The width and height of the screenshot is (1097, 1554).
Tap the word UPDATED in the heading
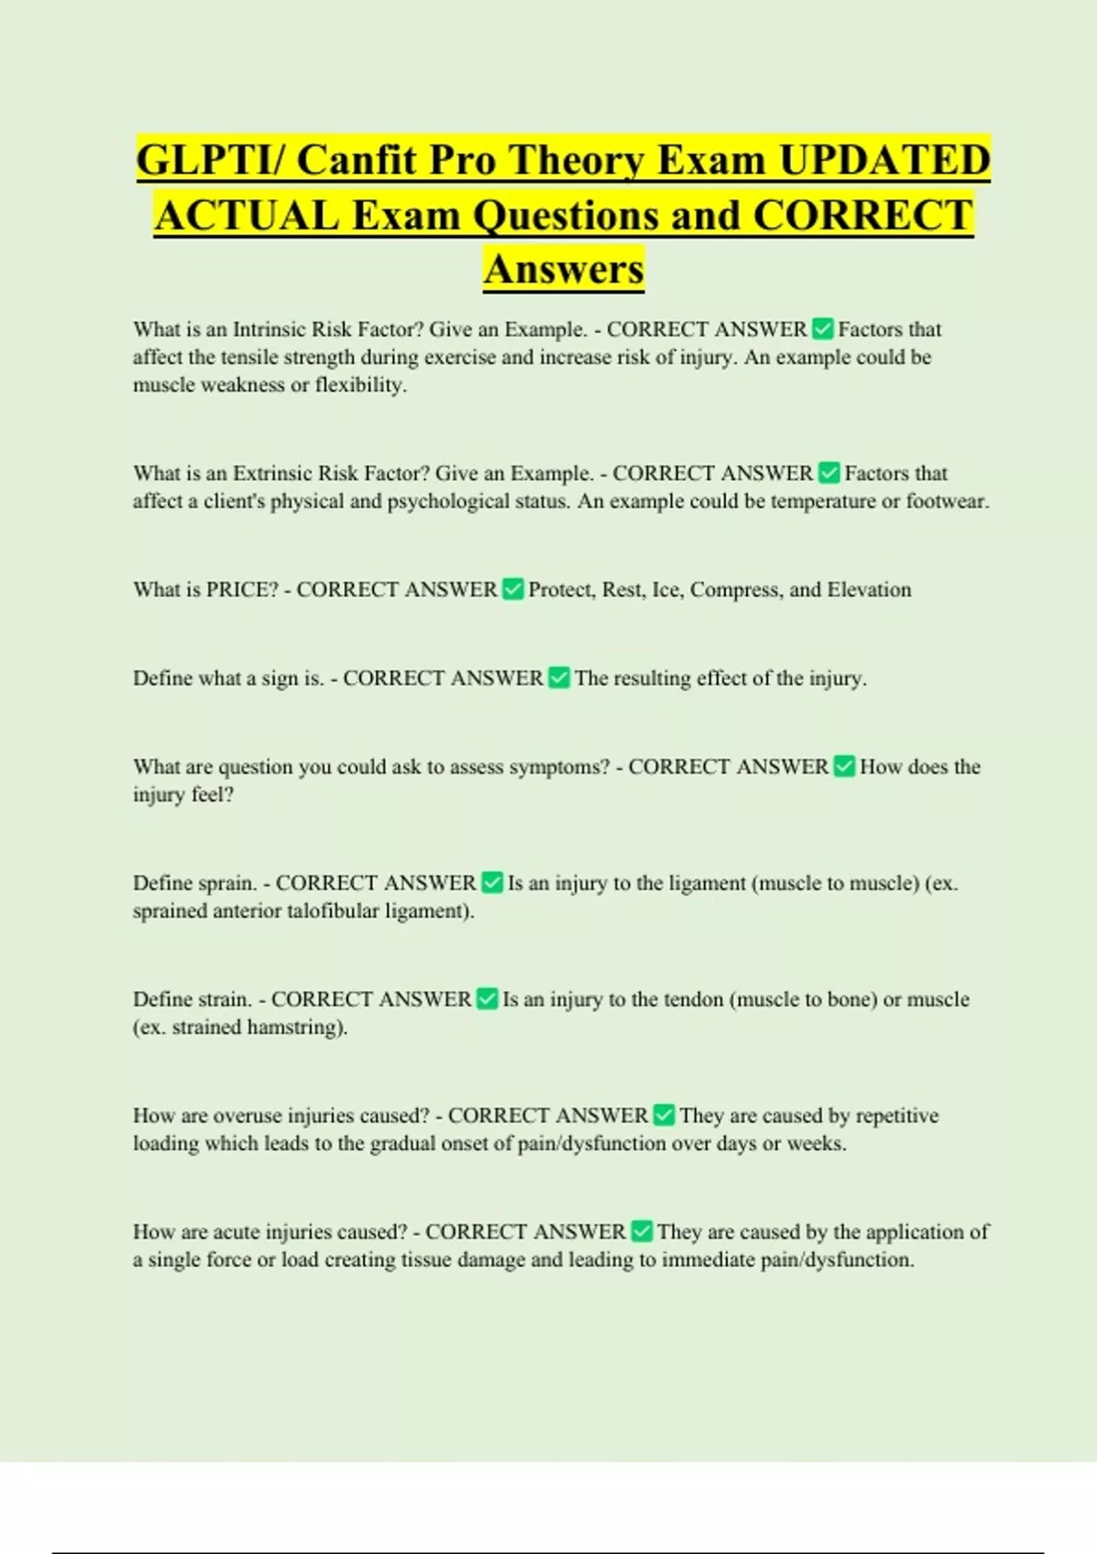[x=884, y=161]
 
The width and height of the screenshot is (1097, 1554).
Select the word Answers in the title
[x=564, y=270]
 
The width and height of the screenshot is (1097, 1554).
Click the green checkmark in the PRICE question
[x=513, y=590]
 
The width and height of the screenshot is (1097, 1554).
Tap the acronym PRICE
[x=241, y=590]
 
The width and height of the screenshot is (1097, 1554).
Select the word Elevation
[x=868, y=590]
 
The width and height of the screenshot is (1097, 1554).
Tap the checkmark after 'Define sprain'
[x=492, y=883]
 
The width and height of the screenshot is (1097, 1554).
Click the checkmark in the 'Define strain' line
[x=487, y=999]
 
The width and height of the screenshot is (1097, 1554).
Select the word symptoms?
[x=559, y=767]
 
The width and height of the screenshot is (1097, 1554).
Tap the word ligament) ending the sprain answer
[x=429, y=910]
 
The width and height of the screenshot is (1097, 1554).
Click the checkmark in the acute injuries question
[x=642, y=1231]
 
